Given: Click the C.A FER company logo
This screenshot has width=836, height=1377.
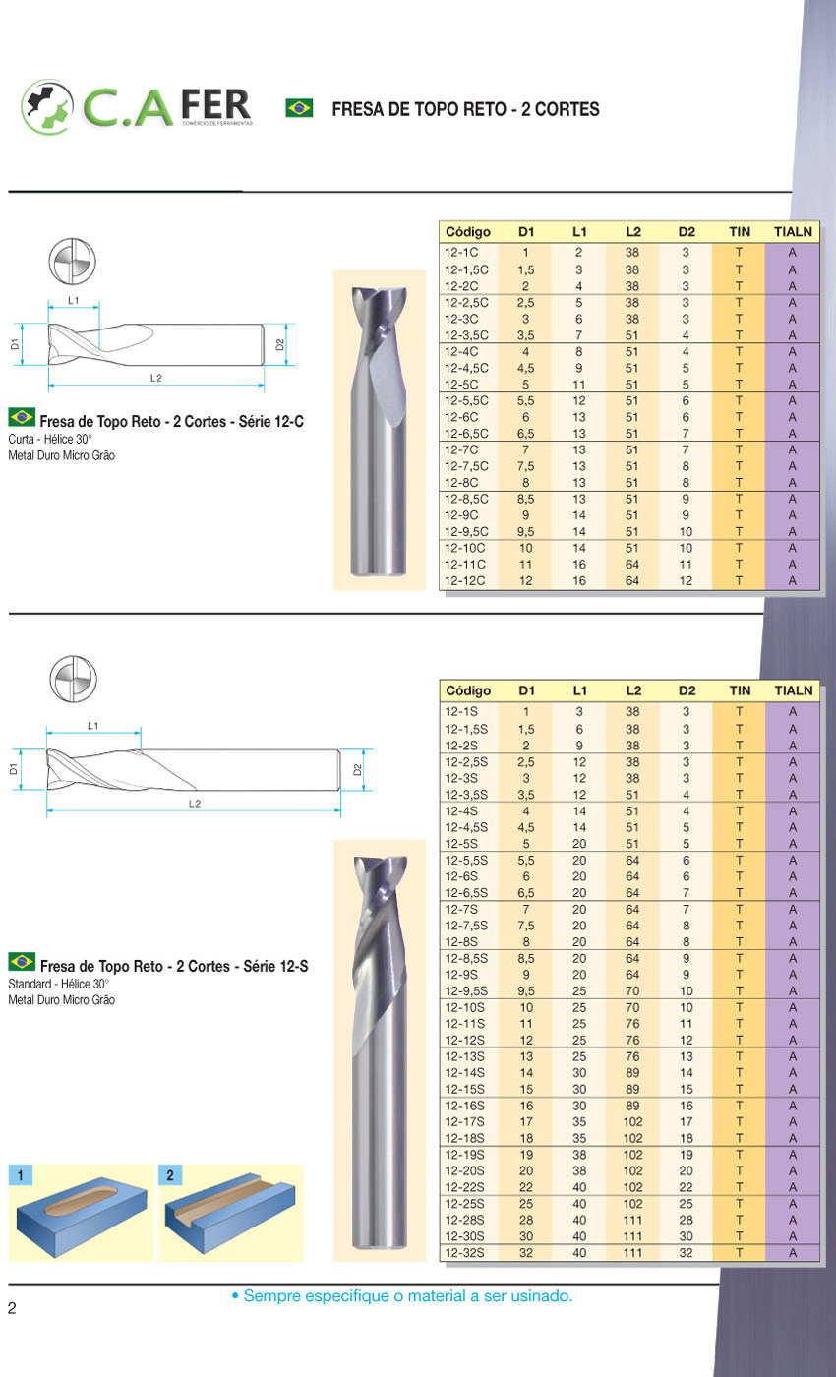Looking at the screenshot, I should (x=137, y=106).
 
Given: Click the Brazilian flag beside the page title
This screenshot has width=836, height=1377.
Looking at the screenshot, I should (x=299, y=108).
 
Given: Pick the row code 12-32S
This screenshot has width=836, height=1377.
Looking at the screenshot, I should (x=466, y=1253).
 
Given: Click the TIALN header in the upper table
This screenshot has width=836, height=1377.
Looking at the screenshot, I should (x=793, y=232).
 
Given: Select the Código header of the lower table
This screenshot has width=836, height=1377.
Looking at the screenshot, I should (x=468, y=690).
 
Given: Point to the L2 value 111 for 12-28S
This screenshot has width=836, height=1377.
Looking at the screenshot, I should (x=632, y=1221).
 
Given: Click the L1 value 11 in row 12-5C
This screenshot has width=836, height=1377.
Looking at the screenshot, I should (x=579, y=385).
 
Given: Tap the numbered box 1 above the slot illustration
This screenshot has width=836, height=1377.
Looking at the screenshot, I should (x=21, y=1174).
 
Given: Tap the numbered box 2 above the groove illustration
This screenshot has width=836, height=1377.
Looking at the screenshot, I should (x=170, y=1174).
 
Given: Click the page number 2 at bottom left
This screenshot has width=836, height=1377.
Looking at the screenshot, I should (x=12, y=1307).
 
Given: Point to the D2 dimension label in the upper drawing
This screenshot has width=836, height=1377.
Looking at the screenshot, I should (x=280, y=344).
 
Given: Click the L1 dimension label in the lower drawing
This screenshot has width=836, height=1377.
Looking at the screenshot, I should (x=93, y=726).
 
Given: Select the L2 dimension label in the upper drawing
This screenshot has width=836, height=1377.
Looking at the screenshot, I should (x=155, y=378).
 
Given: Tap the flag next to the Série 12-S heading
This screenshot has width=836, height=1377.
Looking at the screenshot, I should (x=22, y=961).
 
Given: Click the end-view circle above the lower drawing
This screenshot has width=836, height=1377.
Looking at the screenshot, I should (x=74, y=679).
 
